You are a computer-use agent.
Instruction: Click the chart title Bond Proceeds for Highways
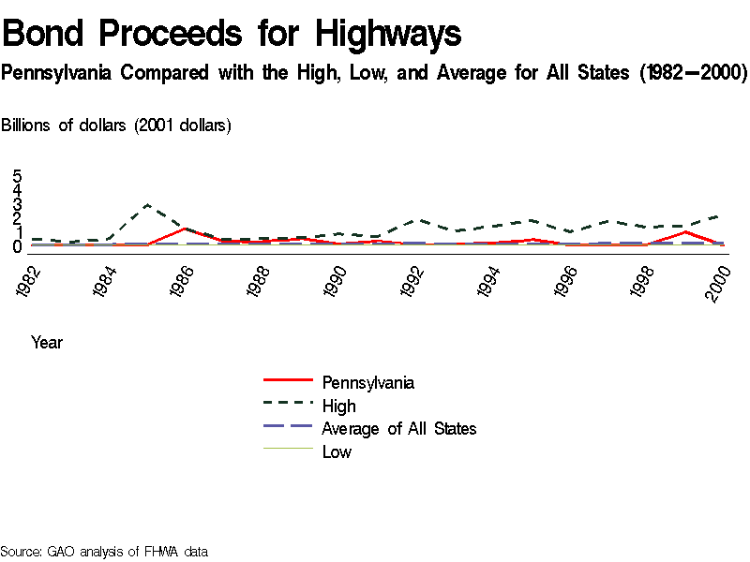232,34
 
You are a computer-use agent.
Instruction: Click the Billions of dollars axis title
117,126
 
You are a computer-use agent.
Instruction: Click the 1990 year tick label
337,281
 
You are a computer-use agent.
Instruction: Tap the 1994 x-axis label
490,281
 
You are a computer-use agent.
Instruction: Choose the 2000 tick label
719,281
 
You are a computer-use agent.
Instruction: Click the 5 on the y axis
17,176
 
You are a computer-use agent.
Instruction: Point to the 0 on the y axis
17,247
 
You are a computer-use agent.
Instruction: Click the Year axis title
47,343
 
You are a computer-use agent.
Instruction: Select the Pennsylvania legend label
367,382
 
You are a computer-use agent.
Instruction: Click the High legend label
338,406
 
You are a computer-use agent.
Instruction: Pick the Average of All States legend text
398,429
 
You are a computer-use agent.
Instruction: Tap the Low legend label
337,452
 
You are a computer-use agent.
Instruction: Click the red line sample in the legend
287,380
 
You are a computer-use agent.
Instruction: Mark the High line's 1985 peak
147,204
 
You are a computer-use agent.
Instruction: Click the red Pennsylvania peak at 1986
186,229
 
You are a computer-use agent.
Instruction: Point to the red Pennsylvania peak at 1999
686,231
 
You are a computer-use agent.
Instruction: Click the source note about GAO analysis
104,552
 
